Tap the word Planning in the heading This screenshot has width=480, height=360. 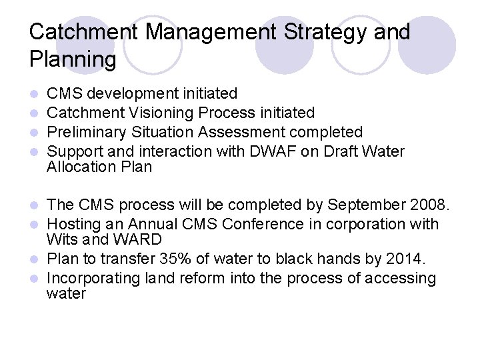[73, 60]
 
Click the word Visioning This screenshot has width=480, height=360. [161, 113]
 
